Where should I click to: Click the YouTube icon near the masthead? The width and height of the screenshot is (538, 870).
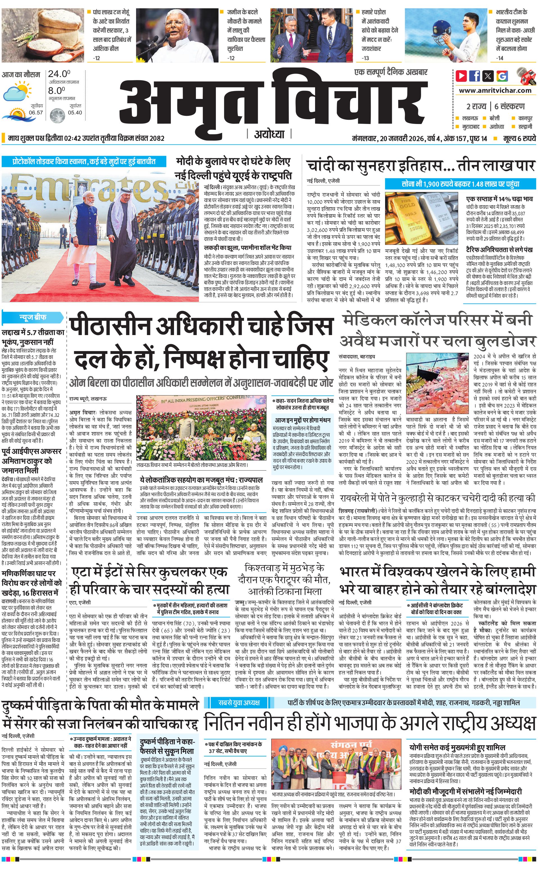click(x=462, y=76)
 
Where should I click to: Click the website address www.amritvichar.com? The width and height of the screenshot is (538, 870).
click(x=495, y=91)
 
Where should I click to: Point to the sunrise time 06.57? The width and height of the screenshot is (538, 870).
click(x=36, y=113)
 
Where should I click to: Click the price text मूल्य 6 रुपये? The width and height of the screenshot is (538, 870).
click(x=519, y=138)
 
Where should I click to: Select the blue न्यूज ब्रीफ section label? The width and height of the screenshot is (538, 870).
click(x=32, y=317)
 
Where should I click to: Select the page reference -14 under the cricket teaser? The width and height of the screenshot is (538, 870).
click(x=500, y=58)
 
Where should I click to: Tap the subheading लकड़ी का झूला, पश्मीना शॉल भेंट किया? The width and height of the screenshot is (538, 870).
click(x=247, y=248)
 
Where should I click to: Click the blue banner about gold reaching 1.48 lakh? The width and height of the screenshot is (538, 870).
click(x=460, y=184)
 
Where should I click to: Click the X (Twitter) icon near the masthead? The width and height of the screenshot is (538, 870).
click(x=488, y=76)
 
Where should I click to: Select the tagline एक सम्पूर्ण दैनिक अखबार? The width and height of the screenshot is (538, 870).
click(x=391, y=72)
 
